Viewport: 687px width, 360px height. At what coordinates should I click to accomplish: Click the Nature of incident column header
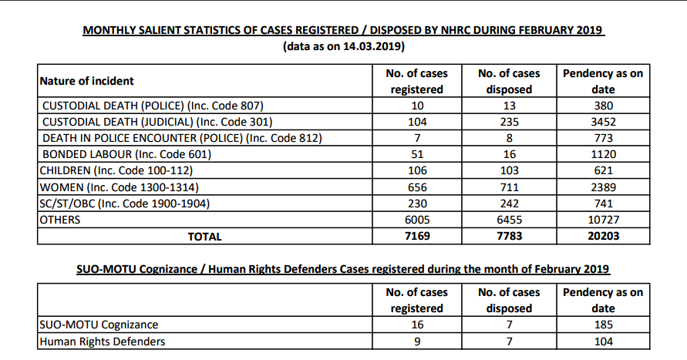87,81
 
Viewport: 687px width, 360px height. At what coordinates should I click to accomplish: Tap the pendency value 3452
603,122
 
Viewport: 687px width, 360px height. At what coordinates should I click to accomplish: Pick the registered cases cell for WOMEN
417,187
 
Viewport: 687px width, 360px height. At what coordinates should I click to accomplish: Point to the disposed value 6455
509,220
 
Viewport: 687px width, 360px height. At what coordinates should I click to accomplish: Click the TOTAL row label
204,237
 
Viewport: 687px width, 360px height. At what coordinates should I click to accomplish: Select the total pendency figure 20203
603,236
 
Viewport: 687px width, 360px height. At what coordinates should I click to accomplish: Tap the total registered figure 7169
417,236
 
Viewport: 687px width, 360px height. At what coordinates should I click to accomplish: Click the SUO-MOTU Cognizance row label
99,325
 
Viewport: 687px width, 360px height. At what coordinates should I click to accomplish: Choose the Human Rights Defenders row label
103,341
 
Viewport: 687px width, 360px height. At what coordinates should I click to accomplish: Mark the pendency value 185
603,325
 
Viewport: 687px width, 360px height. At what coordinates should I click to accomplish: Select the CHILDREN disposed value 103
509,170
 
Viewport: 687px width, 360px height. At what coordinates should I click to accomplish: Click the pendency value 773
603,138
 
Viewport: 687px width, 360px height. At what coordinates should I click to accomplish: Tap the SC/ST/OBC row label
125,204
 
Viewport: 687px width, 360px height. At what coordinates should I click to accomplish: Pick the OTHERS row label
60,220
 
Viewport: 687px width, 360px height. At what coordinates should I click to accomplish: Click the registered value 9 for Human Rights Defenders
417,341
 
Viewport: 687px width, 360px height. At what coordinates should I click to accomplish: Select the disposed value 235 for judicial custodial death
509,122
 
